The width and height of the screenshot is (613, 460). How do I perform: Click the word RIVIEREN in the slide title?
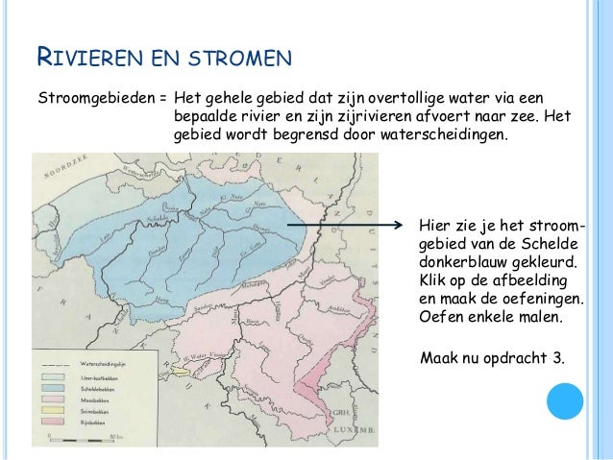click(x=86, y=61)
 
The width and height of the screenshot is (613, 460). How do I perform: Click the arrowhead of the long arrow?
click(x=405, y=226)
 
